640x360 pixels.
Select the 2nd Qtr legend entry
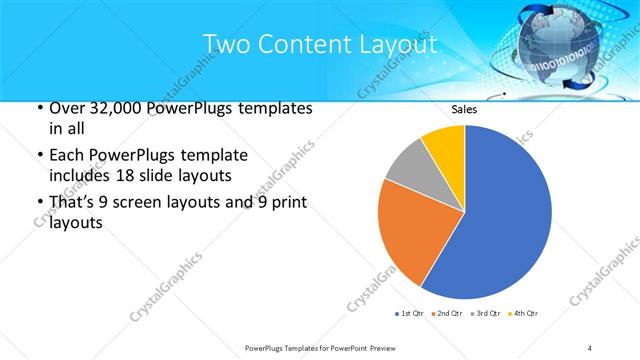[x=447, y=314]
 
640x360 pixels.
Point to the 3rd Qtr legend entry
[x=485, y=314]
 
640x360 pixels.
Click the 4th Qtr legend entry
[x=522, y=314]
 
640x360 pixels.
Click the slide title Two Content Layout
[x=319, y=44]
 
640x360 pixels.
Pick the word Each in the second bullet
[x=66, y=155]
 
